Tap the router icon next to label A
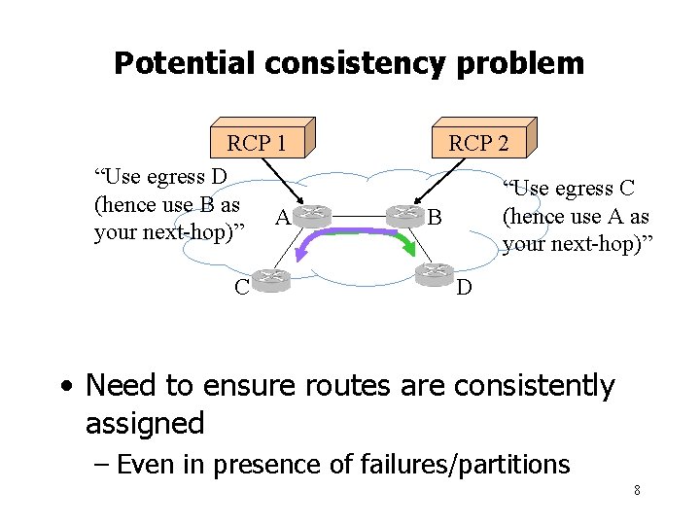(313, 216)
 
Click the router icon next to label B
(403, 216)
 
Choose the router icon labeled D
(435, 274)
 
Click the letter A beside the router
(280, 218)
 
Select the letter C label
(240, 286)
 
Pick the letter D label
(465, 288)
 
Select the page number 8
(637, 490)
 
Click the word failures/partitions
(466, 465)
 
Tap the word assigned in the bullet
(145, 424)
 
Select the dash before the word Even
(100, 465)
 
